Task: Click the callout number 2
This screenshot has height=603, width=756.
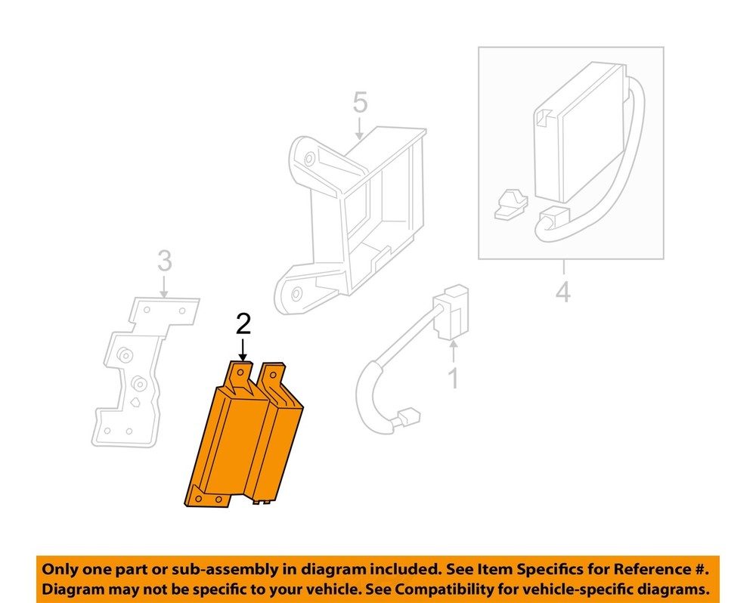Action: pyautogui.click(x=243, y=324)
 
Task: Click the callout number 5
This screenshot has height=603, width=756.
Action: pyautogui.click(x=360, y=102)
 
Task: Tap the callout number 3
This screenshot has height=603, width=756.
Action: pyautogui.click(x=164, y=261)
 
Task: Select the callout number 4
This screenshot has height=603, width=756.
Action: pyautogui.click(x=563, y=292)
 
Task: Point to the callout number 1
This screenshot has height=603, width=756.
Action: pyautogui.click(x=453, y=378)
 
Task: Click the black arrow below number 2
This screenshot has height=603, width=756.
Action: pyautogui.click(x=243, y=350)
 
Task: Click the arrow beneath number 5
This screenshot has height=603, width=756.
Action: pyautogui.click(x=360, y=128)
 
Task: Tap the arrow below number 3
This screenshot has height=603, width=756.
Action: pyautogui.click(x=164, y=287)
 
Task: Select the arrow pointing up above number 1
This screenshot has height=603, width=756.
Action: pyautogui.click(x=453, y=351)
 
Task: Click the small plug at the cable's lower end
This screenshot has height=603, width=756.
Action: pyautogui.click(x=408, y=417)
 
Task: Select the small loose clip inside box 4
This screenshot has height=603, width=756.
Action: pyautogui.click(x=510, y=204)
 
